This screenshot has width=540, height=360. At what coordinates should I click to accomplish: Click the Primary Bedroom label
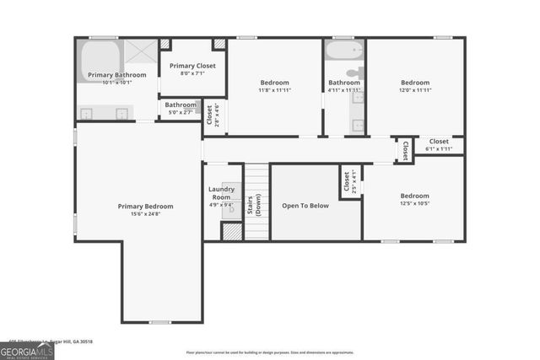tap(145, 206)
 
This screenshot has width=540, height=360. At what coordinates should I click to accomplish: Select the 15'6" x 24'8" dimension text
tap(145, 214)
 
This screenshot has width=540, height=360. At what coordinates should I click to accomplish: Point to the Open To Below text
tap(305, 205)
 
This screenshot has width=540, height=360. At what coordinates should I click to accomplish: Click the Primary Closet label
tap(193, 66)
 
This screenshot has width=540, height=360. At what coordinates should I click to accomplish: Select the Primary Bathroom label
tap(117, 75)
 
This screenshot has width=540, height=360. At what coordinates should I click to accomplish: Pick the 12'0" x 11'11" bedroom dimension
tap(415, 90)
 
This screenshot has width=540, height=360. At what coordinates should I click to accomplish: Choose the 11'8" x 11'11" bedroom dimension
tap(274, 90)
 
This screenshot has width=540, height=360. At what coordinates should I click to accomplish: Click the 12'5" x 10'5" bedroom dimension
tap(415, 203)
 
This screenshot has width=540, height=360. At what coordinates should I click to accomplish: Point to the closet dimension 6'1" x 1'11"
tap(439, 148)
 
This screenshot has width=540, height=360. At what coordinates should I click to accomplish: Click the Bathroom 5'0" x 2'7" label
tap(181, 108)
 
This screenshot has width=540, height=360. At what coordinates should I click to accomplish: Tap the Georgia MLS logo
tap(27, 350)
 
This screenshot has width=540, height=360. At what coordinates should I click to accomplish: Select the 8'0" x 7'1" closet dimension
tap(193, 73)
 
